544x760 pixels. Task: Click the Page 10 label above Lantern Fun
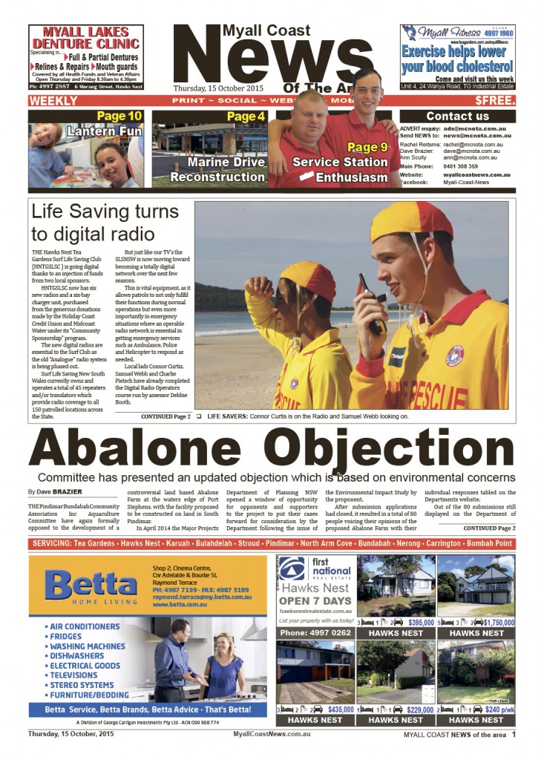tap(119, 116)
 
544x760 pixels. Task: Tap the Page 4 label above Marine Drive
tap(246, 117)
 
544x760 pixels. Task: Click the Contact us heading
tap(457, 117)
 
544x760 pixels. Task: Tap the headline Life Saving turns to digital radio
tap(105, 221)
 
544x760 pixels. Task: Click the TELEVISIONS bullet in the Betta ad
tap(73, 675)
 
